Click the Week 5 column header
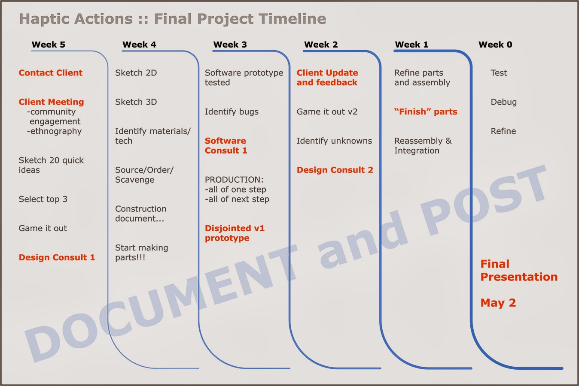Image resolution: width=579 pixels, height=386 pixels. pos(49,45)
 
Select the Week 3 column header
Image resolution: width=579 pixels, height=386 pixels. pos(230,45)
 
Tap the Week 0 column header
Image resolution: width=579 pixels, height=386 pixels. pos(495,45)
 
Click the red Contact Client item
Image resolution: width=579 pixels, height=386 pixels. pos(51,73)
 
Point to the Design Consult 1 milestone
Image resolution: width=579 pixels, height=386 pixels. pos(57,257)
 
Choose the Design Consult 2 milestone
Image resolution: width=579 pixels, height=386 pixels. pos(335,170)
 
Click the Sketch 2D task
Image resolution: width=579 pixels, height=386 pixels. pos(136,73)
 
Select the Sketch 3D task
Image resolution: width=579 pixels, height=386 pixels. pos(136,102)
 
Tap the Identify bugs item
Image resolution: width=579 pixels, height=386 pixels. pos(232,112)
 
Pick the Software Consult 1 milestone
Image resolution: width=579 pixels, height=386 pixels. pos(226,145)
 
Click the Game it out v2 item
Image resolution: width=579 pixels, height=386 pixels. pos(327,112)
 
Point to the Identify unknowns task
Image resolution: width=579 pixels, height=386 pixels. pos(334,141)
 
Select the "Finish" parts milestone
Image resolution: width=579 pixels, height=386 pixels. pos(426,112)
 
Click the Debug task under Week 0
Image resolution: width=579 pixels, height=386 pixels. pos(504,102)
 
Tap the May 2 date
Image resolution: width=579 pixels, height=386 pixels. pos(498,303)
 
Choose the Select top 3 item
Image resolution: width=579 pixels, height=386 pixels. pos(43,199)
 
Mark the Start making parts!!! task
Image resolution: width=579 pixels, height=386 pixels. pos(142,253)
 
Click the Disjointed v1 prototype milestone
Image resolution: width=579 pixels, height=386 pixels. pos(235,233)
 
